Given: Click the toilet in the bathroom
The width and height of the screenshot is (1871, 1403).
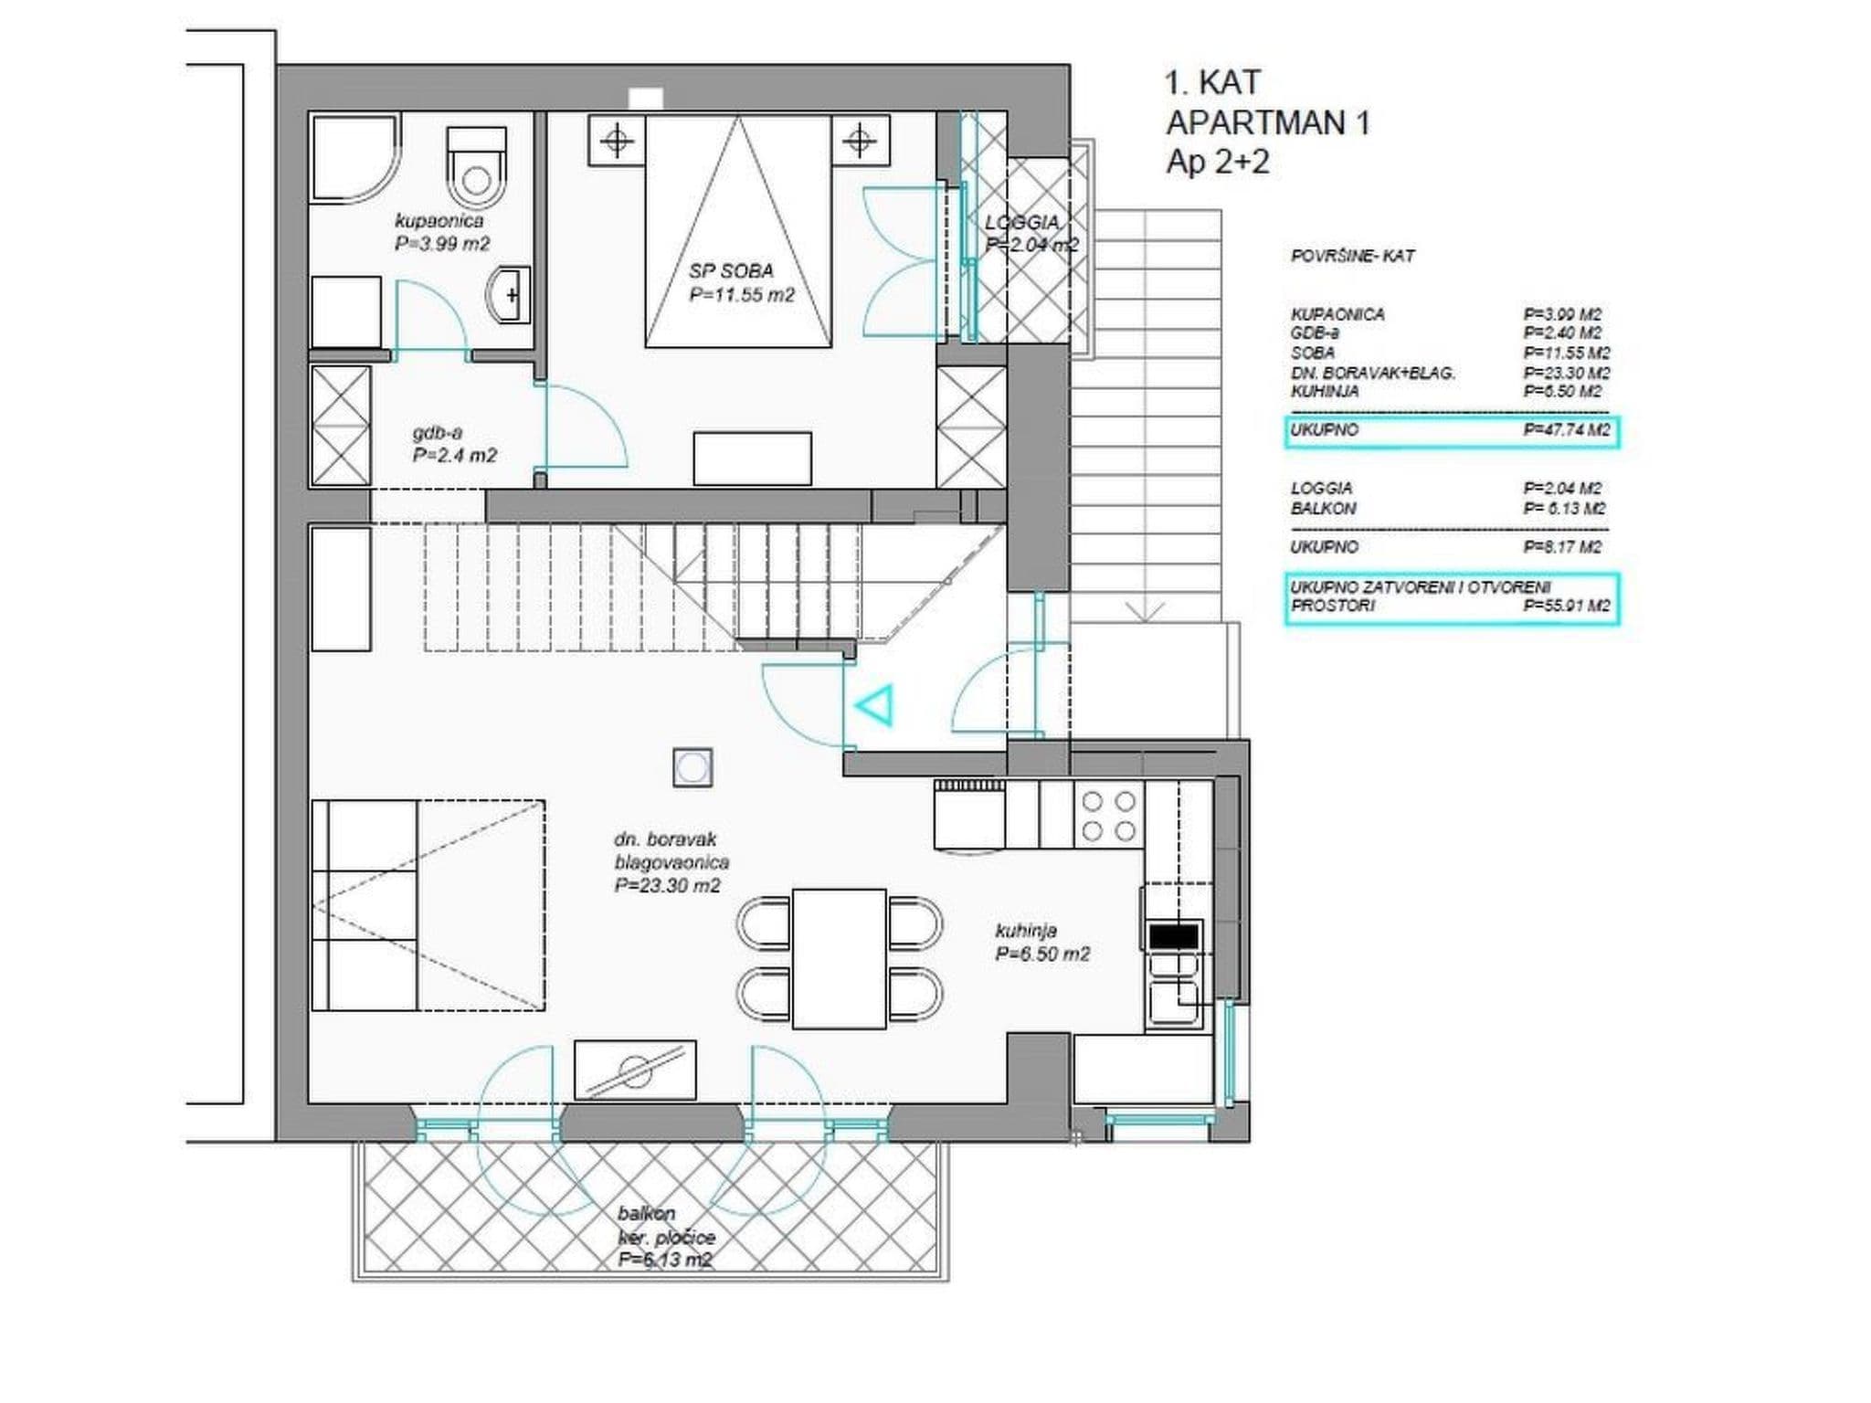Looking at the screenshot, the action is pos(476,167).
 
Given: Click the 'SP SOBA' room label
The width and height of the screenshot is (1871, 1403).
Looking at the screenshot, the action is pos(731,271).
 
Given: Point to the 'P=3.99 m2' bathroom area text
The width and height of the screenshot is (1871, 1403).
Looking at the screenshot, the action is pos(442,244).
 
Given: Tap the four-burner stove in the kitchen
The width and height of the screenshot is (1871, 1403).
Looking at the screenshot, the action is pos(1109,816).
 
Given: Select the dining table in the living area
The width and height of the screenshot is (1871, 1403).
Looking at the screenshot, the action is pos(840,958).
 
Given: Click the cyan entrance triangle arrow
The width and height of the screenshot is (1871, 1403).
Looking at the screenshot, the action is pos(874,705).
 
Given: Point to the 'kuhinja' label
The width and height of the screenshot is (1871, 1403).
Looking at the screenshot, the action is pos(1026,931).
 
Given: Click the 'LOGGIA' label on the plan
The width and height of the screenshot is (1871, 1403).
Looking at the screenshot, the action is pos(1022,223).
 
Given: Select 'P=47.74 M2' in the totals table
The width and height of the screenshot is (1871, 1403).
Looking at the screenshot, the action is pos(1566,430).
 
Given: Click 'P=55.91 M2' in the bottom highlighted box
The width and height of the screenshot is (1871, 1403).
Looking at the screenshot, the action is pos(1566,606).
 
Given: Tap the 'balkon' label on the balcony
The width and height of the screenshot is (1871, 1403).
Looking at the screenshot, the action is pos(646,1214).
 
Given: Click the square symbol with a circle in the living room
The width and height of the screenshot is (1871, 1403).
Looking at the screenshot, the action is pos(692,767).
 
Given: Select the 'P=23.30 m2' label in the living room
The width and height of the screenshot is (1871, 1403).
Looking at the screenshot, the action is pos(667,885).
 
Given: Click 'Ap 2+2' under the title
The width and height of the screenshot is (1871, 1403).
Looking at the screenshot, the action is pos(1218,163).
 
